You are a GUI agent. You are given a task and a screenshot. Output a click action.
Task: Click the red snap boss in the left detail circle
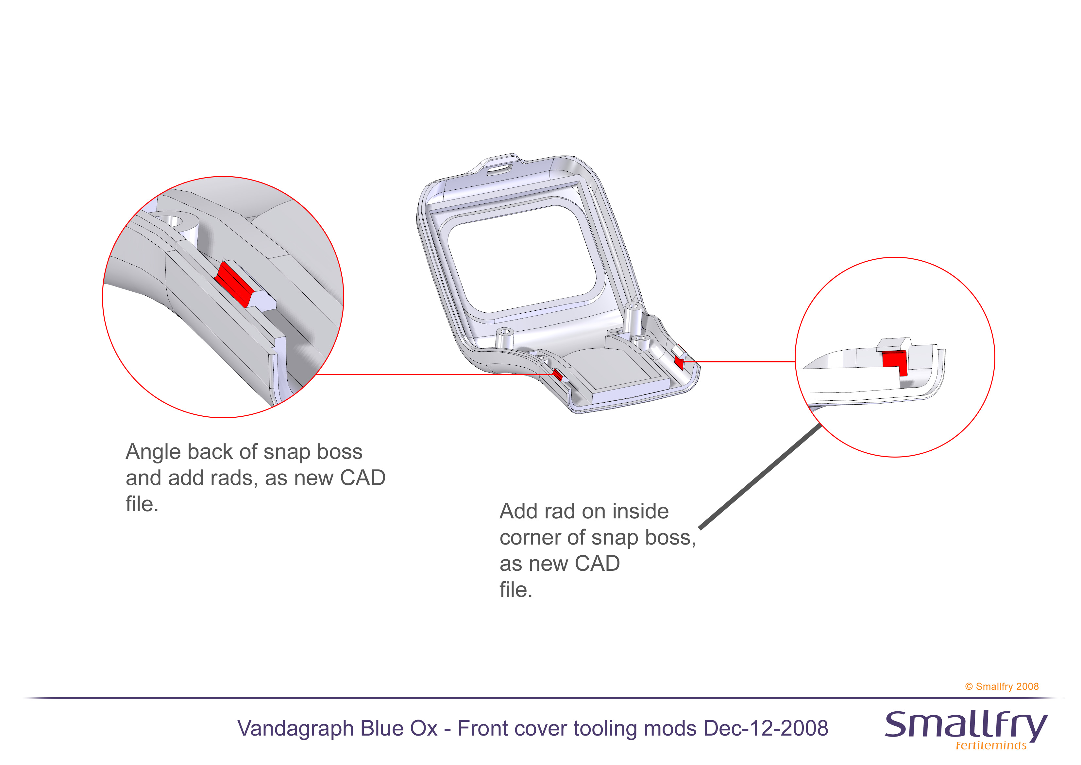[x=233, y=284]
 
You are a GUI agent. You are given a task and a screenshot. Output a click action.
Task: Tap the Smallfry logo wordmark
[x=965, y=725]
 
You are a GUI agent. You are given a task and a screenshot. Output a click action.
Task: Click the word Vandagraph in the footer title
[x=295, y=729]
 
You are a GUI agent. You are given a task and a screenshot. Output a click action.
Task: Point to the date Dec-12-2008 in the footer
[x=766, y=728]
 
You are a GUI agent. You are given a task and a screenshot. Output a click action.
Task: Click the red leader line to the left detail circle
[x=424, y=374]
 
